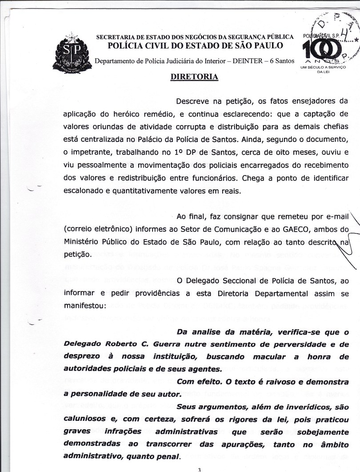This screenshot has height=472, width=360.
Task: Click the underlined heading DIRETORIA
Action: pyautogui.click(x=194, y=77)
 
